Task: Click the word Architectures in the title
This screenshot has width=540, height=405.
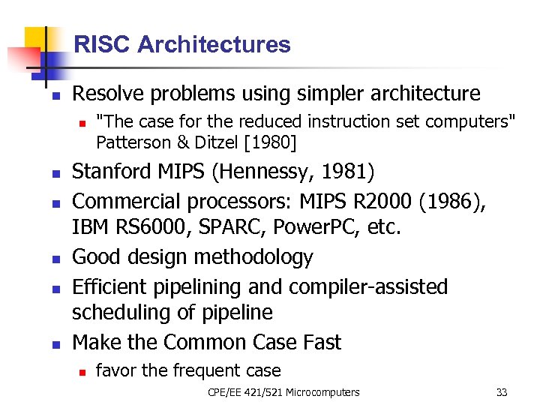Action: [x=214, y=44]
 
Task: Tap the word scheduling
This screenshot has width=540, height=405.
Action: [x=116, y=313]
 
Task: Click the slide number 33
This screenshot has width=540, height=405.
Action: [x=502, y=392]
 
